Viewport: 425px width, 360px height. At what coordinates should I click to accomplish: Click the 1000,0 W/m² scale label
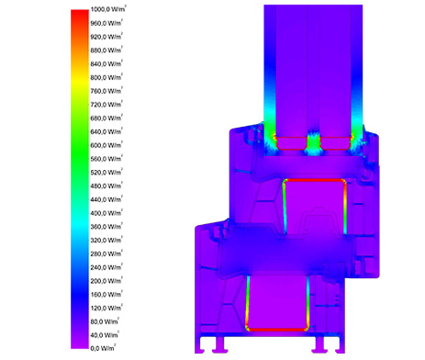(x=108, y=9)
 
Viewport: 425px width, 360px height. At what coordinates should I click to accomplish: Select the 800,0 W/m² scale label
(x=106, y=77)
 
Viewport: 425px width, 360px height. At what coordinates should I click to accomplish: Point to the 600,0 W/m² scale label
(x=106, y=145)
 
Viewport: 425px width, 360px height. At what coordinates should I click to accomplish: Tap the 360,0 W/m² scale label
(x=106, y=227)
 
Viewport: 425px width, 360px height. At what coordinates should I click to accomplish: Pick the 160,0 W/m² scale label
(x=106, y=295)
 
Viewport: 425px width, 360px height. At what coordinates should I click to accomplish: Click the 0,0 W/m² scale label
(x=103, y=348)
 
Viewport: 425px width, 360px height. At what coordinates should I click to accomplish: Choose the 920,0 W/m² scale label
(x=106, y=37)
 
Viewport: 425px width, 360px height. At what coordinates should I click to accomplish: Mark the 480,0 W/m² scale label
(x=106, y=186)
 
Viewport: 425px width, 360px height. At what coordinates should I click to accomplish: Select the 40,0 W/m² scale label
(x=105, y=335)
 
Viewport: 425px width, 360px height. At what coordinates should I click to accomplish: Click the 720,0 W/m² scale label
(x=106, y=105)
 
